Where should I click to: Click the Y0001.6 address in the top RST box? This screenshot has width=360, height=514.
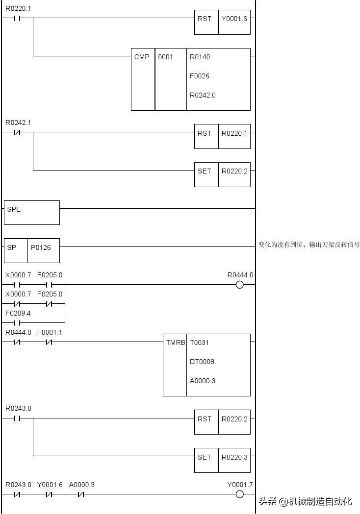point(234,19)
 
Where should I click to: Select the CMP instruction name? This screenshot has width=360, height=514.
point(142,57)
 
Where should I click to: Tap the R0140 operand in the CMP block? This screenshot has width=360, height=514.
point(200,57)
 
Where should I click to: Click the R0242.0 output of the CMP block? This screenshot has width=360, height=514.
point(203,95)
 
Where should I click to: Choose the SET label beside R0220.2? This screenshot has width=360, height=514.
point(205,171)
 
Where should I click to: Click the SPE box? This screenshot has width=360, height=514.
point(31,212)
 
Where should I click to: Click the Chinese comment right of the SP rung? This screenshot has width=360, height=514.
point(309,245)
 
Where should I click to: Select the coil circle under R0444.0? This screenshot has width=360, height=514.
point(240,285)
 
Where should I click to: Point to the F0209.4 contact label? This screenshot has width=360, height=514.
point(18,313)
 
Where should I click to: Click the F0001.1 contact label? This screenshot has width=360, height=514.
point(50,332)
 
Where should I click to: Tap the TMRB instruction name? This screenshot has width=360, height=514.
point(175,343)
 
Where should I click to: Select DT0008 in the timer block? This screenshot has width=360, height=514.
point(202,362)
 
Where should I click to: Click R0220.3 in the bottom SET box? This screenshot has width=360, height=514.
point(234,457)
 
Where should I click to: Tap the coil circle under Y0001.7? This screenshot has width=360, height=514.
point(240,494)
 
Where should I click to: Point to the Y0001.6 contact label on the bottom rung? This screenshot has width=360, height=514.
point(50,485)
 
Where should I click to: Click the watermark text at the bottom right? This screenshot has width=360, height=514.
point(306,501)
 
